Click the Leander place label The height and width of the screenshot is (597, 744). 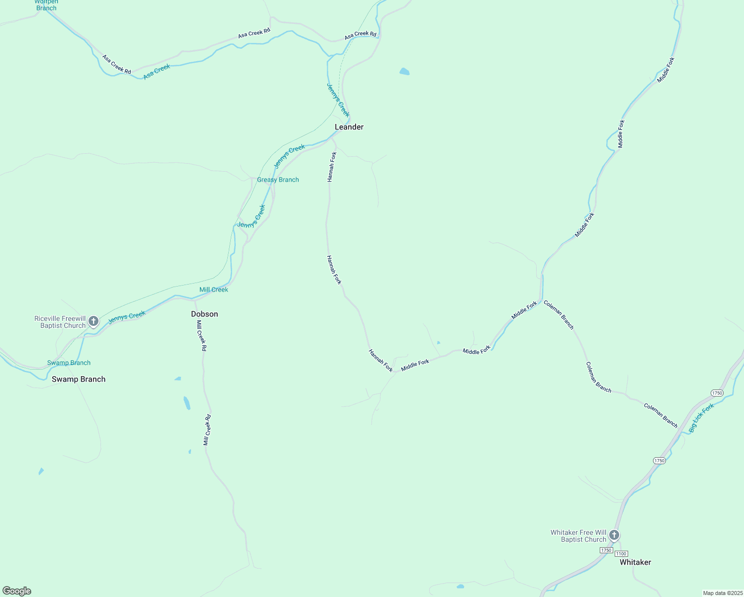pos(349,127)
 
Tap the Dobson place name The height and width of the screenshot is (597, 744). pos(204,314)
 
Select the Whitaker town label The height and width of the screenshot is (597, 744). pos(635,562)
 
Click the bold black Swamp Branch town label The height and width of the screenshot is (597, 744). pos(79,379)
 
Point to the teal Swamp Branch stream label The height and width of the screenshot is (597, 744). pos(69,363)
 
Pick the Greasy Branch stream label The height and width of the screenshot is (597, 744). pos(278,180)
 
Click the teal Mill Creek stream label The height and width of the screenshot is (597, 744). pos(213,290)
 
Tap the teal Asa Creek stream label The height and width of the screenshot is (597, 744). pos(157,72)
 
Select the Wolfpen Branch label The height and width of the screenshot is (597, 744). pos(46,5)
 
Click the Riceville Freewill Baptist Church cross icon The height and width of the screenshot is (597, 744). pos(93,321)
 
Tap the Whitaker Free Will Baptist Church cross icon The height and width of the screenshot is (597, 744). pos(614,535)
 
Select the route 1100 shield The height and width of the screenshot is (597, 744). pos(621,554)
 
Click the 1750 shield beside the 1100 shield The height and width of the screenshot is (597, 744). pos(606,550)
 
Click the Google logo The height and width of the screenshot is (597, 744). pos(17,591)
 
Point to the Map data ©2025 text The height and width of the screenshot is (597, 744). pos(723,593)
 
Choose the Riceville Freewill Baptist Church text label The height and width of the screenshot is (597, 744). pos(60,322)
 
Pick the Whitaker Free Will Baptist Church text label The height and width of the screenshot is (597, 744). pos(578,536)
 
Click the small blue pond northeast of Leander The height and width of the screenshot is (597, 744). pos(404,72)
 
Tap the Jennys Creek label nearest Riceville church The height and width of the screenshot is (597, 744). pos(127,317)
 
